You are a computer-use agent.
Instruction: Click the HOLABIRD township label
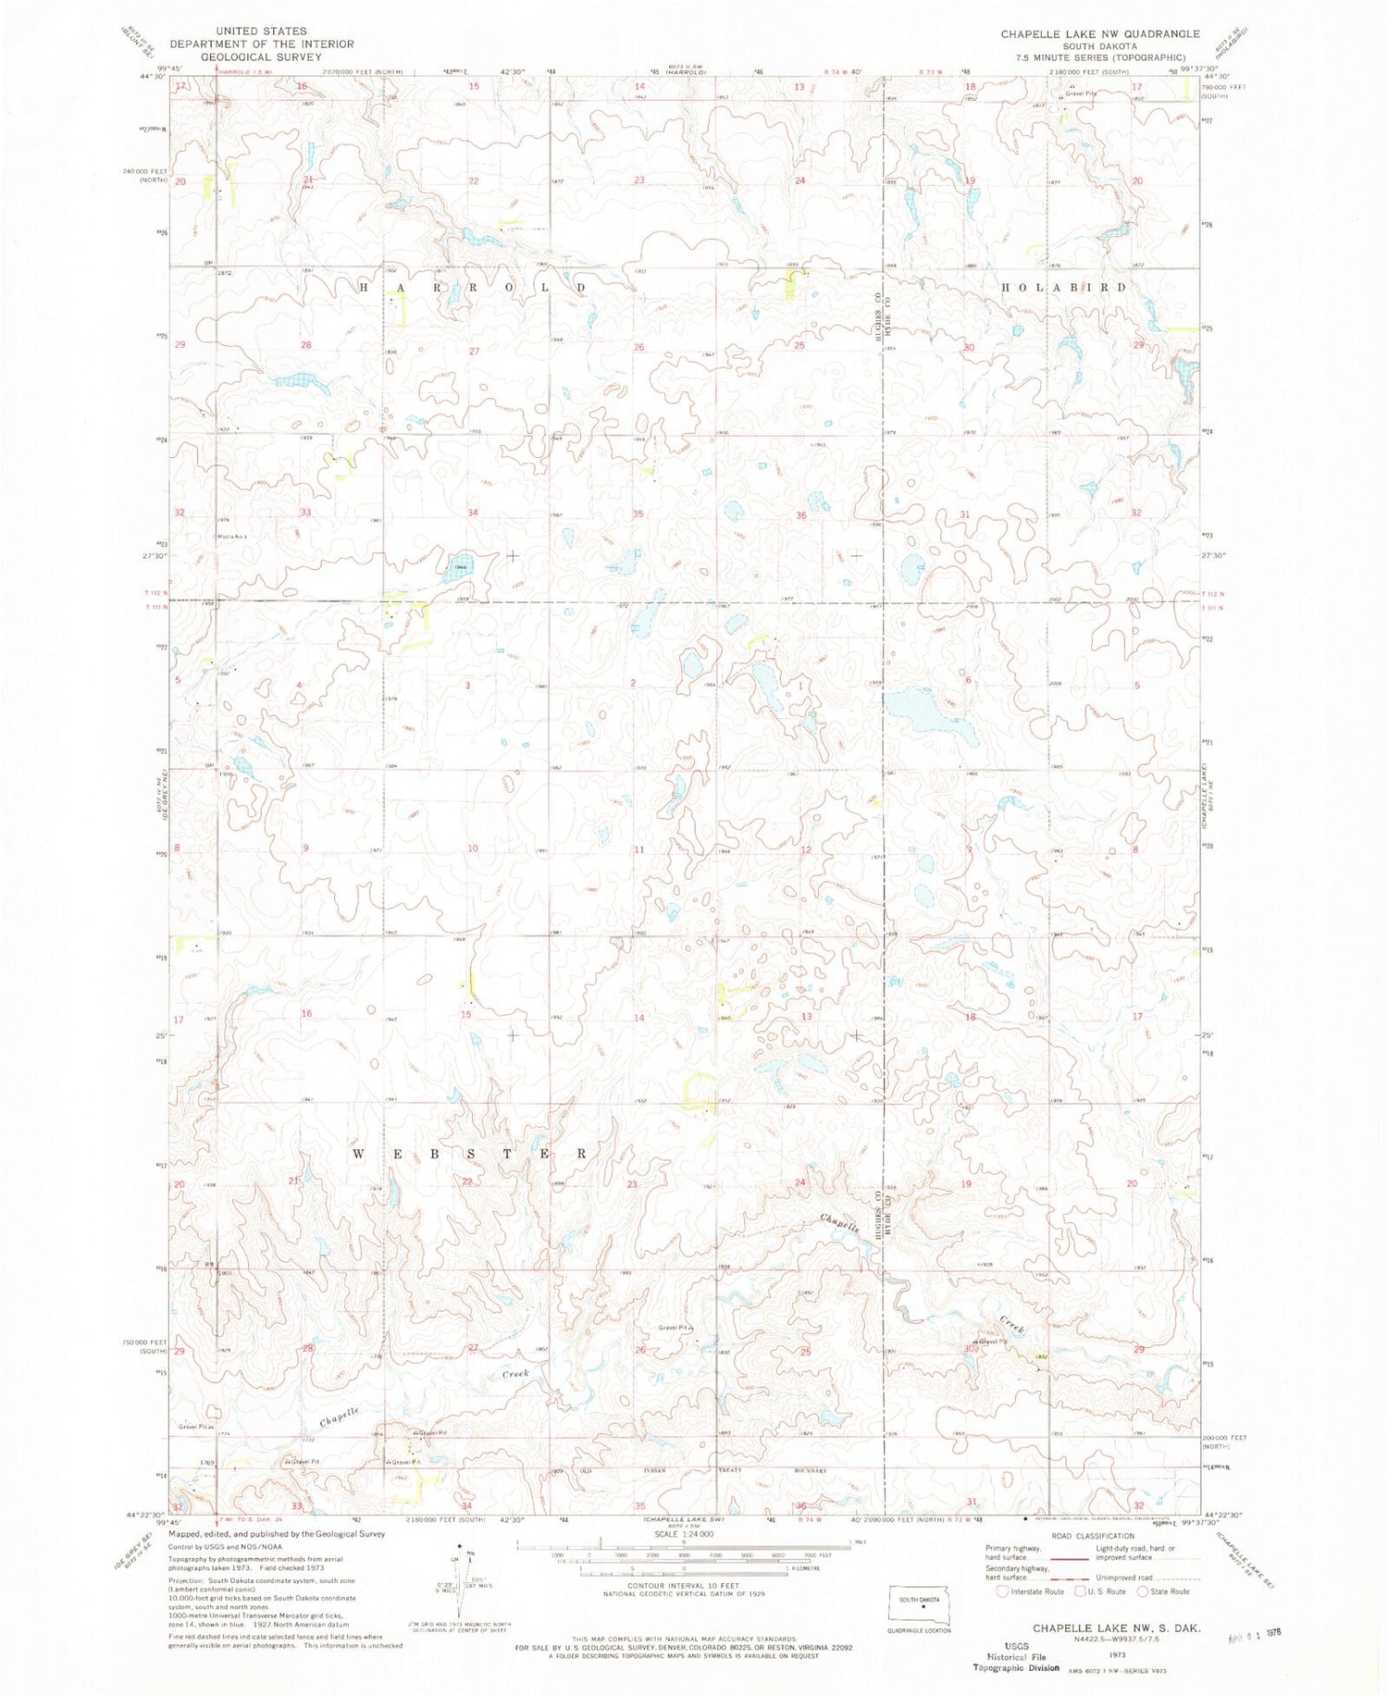[x=1064, y=288]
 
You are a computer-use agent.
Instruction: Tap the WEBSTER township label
[x=470, y=1154]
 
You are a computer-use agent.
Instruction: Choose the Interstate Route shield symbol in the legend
[x=1002, y=1591]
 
